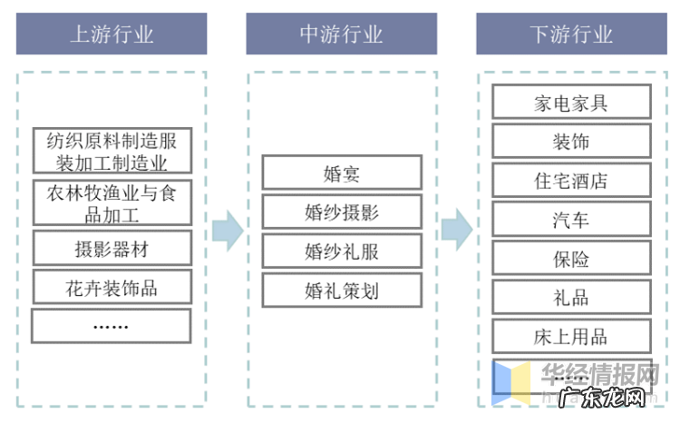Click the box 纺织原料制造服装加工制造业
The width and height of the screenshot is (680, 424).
112,152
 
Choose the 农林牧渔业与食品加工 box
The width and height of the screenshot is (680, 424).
112,203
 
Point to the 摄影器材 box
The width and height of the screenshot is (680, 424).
112,248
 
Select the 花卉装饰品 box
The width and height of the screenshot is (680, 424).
112,287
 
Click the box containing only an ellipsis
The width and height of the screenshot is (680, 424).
112,326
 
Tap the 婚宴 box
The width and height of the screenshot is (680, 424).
342,173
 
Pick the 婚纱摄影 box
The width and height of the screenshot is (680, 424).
342,212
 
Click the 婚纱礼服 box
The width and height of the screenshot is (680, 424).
342,251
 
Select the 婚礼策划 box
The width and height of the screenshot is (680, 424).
342,290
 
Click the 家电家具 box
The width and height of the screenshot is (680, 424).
571,102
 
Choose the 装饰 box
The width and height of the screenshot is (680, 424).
571,141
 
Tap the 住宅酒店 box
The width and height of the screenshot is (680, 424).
571,180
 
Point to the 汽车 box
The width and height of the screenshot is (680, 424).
571,219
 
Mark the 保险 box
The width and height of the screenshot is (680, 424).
571,258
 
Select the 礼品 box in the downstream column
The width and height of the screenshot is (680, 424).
571,297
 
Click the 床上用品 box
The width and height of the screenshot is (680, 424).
571,336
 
